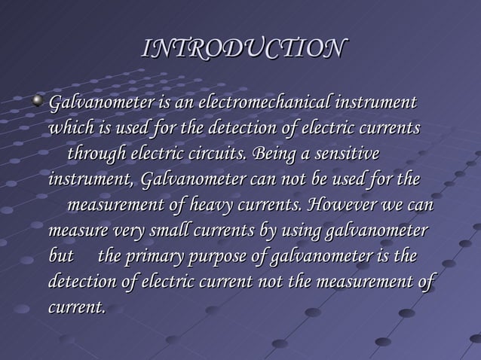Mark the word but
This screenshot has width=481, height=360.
tap(61, 258)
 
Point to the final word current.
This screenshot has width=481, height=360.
tap(76, 309)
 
